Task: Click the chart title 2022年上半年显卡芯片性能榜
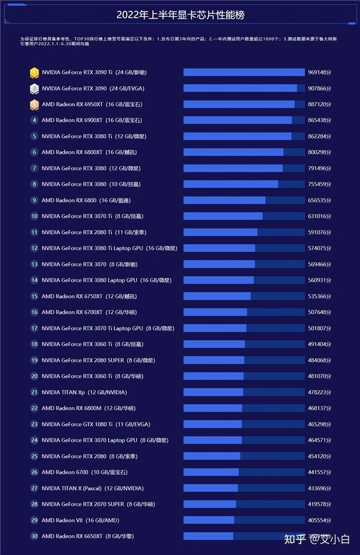click(x=180, y=15)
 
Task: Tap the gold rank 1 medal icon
click(x=34, y=73)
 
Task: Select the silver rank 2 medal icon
click(x=34, y=88)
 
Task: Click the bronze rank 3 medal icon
click(x=34, y=104)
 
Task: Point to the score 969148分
click(x=319, y=73)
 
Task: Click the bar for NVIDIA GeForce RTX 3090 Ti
click(x=244, y=73)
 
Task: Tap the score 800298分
click(x=319, y=152)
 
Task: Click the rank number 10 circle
click(x=34, y=216)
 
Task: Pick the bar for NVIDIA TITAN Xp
click(x=213, y=392)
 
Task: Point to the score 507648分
click(x=319, y=312)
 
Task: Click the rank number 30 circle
click(x=34, y=536)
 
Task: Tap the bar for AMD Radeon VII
click(x=208, y=520)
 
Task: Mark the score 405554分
click(x=319, y=520)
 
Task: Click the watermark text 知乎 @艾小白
click(x=317, y=539)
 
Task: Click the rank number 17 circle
click(x=34, y=328)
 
